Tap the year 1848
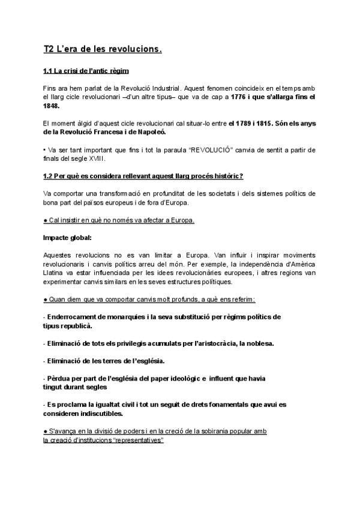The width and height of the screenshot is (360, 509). pyautogui.click(x=52, y=106)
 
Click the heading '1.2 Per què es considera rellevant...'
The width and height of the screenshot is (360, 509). pyautogui.click(x=143, y=176)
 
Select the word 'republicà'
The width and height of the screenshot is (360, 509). pyautogui.click(x=76, y=325)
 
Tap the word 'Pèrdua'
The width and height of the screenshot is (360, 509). pyautogui.click(x=60, y=379)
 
